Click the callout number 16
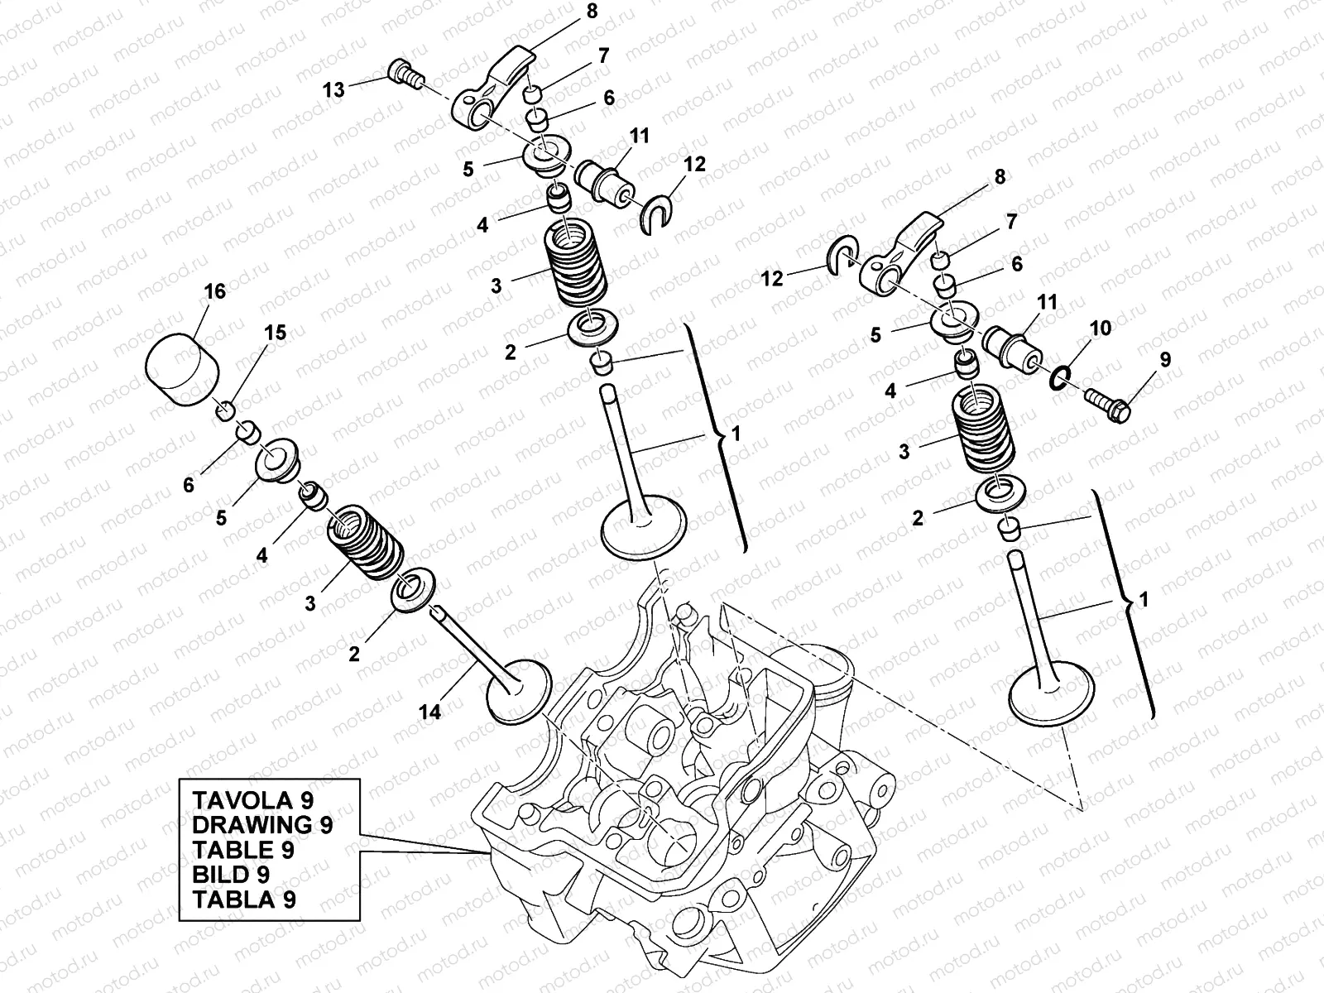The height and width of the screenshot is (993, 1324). (215, 292)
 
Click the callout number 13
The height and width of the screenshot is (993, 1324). (333, 89)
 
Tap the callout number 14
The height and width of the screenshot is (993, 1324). (429, 711)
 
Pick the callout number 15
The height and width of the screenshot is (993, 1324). (276, 333)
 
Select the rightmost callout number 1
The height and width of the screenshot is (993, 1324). (1144, 601)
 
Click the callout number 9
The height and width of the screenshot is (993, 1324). (1165, 360)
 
